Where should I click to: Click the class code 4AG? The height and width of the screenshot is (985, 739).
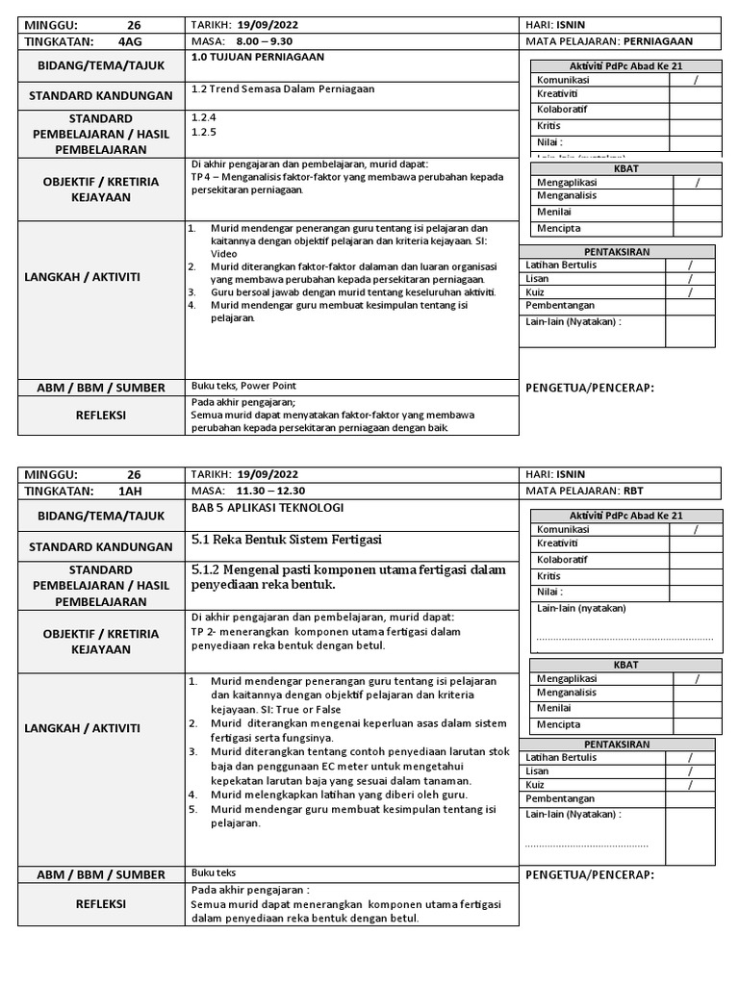click(x=129, y=41)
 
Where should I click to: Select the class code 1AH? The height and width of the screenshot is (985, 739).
click(x=129, y=491)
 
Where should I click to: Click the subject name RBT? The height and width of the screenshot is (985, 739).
click(x=634, y=491)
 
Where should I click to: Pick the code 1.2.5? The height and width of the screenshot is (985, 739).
click(x=204, y=133)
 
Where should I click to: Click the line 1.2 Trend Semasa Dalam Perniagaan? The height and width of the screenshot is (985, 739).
click(x=283, y=89)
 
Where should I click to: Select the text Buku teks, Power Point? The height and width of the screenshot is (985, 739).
click(x=244, y=386)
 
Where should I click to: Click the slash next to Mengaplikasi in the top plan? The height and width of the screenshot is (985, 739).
click(x=695, y=182)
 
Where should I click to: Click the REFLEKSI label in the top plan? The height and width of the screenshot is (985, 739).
click(x=102, y=416)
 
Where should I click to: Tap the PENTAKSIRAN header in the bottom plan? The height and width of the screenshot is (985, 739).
click(x=630, y=744)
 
